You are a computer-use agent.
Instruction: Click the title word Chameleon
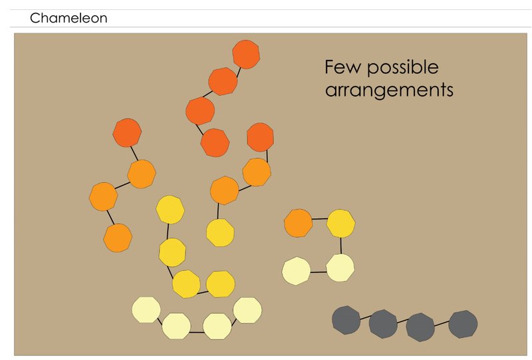pos(68,19)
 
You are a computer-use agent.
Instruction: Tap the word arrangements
pos(389,90)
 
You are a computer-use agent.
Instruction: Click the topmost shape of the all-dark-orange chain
pos(245,55)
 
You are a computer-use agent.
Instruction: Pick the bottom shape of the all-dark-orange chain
pos(215,142)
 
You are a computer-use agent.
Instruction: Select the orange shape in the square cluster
pos(299,222)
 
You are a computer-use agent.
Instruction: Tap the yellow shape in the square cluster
pos(340,223)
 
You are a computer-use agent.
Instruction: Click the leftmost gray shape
pos(346,319)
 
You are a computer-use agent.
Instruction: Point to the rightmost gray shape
pos(463,324)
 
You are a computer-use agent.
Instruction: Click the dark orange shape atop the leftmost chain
pos(126,132)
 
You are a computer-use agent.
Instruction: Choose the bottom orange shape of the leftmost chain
pos(118,238)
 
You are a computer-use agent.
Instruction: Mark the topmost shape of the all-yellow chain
pos(170,209)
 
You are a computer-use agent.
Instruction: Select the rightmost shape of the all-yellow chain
pos(220,284)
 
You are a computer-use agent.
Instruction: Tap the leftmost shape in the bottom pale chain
pos(146,310)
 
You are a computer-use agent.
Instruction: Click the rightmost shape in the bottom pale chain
pos(247,310)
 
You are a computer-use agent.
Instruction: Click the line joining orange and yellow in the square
pos(319,219)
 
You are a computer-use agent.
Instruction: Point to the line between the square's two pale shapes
pos(318,271)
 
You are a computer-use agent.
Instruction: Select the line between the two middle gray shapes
pos(402,323)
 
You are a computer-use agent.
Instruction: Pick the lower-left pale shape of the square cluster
pos(296,271)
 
